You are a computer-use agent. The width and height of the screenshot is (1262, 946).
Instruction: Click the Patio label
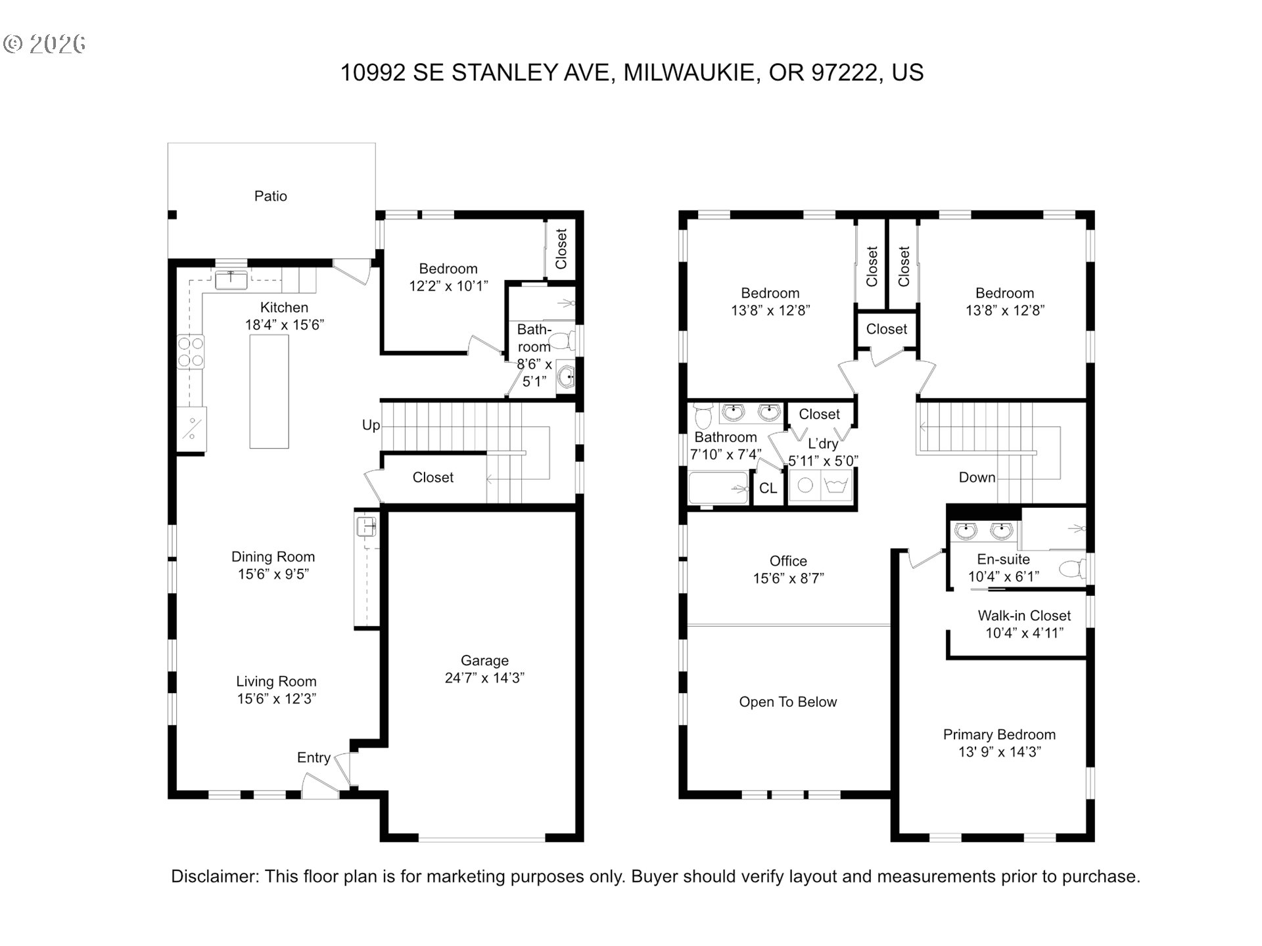tap(270, 196)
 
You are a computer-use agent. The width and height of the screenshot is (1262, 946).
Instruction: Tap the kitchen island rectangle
tap(269, 392)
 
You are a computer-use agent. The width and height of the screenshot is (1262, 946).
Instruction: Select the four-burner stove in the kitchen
tap(191, 352)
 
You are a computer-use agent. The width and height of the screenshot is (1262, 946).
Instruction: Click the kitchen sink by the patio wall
tap(231, 279)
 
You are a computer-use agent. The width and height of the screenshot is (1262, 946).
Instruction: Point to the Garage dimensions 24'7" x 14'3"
tap(484, 678)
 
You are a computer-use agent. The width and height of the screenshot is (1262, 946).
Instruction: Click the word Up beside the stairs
tap(371, 425)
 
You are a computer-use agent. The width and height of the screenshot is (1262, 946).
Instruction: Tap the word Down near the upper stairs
tap(977, 478)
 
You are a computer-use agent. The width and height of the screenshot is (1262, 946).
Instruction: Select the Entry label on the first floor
tap(314, 757)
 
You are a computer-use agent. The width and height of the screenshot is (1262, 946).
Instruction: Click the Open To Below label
tap(788, 702)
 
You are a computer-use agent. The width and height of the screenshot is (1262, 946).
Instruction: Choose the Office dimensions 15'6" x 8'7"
tap(788, 578)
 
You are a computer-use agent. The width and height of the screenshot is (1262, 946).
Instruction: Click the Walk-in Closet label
tap(1024, 616)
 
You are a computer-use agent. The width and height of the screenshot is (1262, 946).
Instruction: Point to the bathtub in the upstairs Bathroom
tap(718, 488)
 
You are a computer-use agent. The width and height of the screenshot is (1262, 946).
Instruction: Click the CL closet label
tap(768, 488)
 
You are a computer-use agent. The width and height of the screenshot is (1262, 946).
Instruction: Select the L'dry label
tap(823, 443)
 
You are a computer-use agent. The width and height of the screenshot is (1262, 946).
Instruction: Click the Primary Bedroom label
tap(999, 734)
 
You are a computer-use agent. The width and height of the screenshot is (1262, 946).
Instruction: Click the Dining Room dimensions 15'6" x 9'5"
tap(273, 574)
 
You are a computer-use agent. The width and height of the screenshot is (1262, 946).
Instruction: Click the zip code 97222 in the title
tap(844, 72)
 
